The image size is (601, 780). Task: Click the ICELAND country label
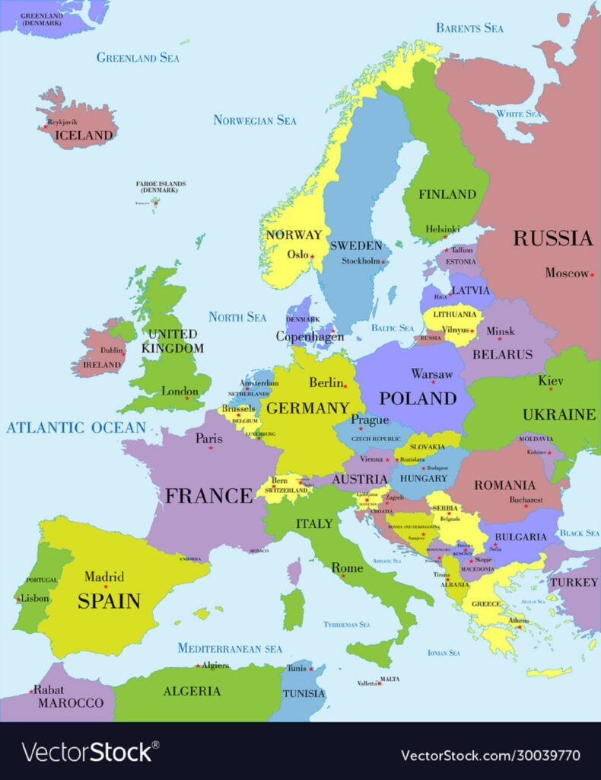(x=84, y=136)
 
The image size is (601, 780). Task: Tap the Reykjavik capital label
(x=62, y=122)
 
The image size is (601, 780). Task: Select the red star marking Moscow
(x=592, y=274)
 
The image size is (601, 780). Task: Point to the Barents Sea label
(x=469, y=28)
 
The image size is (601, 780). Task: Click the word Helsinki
(x=442, y=229)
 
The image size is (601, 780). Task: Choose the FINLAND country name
(x=447, y=194)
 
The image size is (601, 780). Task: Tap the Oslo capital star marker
(x=312, y=256)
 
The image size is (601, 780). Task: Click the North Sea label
(x=237, y=317)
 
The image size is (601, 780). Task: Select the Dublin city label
(x=112, y=350)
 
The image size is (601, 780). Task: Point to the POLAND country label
(x=418, y=398)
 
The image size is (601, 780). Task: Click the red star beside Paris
(x=211, y=447)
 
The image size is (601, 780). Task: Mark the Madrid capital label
(x=104, y=577)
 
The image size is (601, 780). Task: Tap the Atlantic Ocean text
(x=75, y=427)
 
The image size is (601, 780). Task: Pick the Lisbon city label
(x=35, y=599)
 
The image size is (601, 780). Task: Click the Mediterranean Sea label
(x=229, y=649)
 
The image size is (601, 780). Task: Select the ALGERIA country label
(x=192, y=692)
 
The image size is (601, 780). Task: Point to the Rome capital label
(x=347, y=568)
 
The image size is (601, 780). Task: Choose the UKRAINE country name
(x=558, y=415)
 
